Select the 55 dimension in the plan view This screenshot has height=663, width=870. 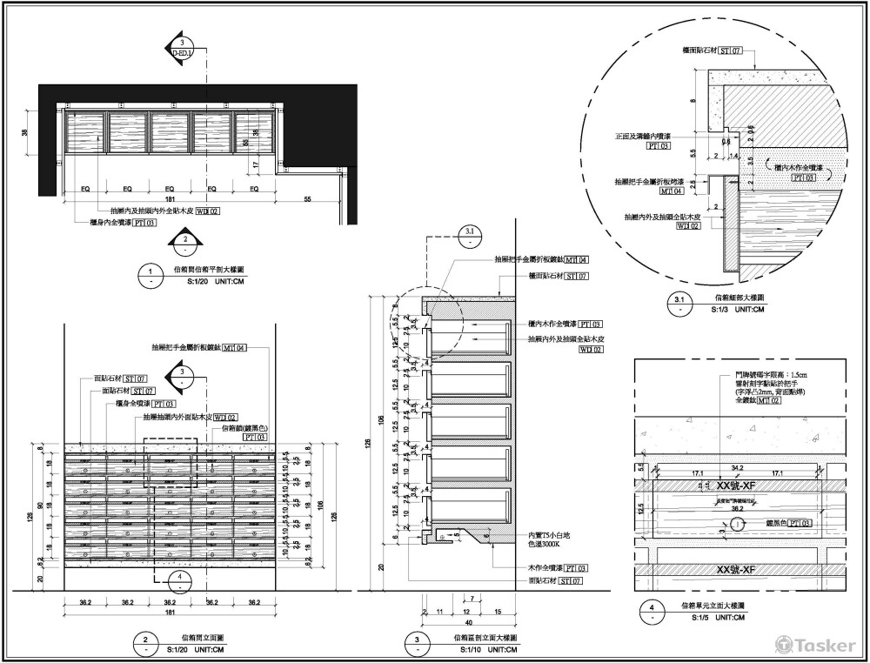308,201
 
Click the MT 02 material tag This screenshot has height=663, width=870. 766,401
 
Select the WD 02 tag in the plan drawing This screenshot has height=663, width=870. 207,211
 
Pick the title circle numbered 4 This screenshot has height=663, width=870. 652,610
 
